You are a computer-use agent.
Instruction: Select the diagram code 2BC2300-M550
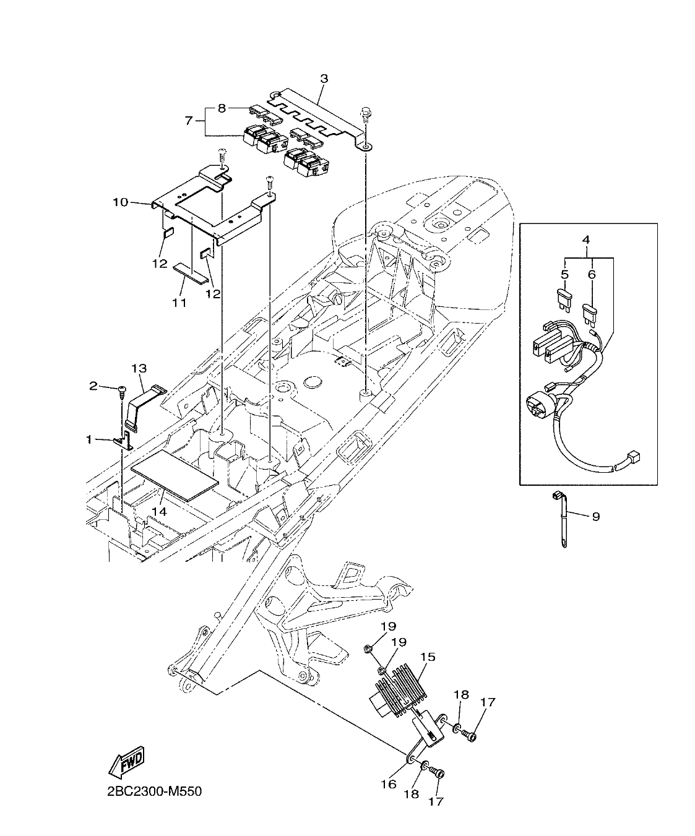coord(150,791)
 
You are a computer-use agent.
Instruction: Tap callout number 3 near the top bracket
coord(324,79)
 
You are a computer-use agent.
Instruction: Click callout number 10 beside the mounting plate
coord(120,202)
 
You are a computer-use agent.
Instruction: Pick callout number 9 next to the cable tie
coord(595,516)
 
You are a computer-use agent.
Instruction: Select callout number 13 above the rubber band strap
coord(139,368)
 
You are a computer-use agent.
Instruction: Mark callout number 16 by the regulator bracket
coord(388,783)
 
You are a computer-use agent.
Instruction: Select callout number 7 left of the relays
coord(189,120)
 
